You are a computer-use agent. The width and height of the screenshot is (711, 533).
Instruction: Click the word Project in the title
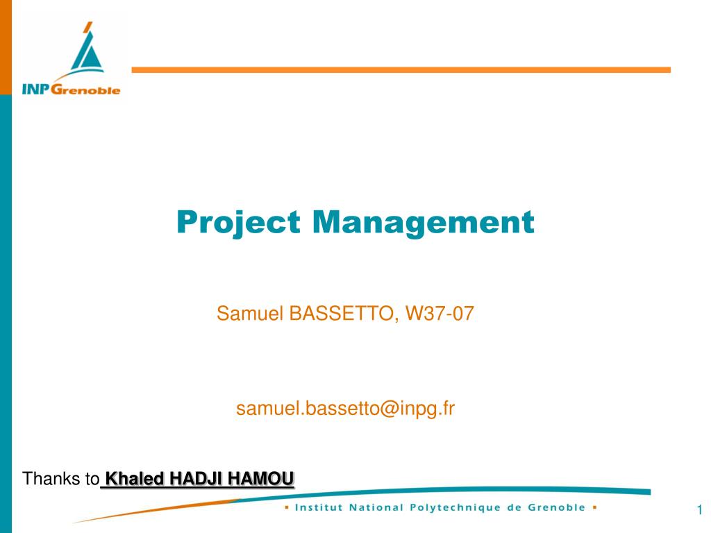[239, 223]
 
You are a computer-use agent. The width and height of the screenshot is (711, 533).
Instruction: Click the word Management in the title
[424, 222]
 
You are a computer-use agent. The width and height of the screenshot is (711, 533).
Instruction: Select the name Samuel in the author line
[250, 313]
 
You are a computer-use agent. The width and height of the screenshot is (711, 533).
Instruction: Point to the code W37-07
[440, 313]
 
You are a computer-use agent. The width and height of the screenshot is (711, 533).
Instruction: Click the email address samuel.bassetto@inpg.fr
[346, 408]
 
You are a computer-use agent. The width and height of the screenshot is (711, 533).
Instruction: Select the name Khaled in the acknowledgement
[134, 479]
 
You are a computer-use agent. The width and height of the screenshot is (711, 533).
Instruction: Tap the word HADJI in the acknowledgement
[196, 479]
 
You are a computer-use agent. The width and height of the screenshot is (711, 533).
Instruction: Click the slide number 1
[700, 509]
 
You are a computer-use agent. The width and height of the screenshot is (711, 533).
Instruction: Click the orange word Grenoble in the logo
[85, 89]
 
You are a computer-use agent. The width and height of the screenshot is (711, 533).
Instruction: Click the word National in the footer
[376, 507]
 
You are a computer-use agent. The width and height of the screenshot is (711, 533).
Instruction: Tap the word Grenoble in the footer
[556, 507]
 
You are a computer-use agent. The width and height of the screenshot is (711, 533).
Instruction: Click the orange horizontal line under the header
[401, 70]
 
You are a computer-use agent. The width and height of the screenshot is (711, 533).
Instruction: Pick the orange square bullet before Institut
[287, 507]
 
